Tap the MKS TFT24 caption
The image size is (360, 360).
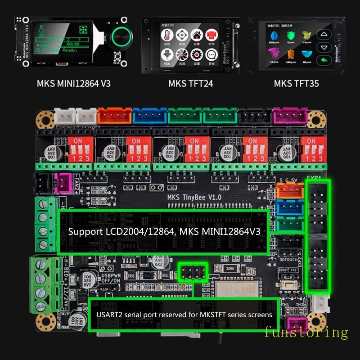pyautogui.click(x=190, y=84)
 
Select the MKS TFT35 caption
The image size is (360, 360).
pyautogui.click(x=296, y=84)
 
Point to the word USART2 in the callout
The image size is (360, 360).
pyautogui.click(x=109, y=315)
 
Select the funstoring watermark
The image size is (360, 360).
pyautogui.click(x=306, y=333)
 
